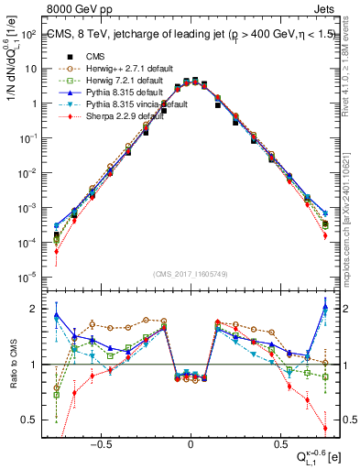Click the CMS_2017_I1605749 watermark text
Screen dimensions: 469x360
click(x=191, y=274)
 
